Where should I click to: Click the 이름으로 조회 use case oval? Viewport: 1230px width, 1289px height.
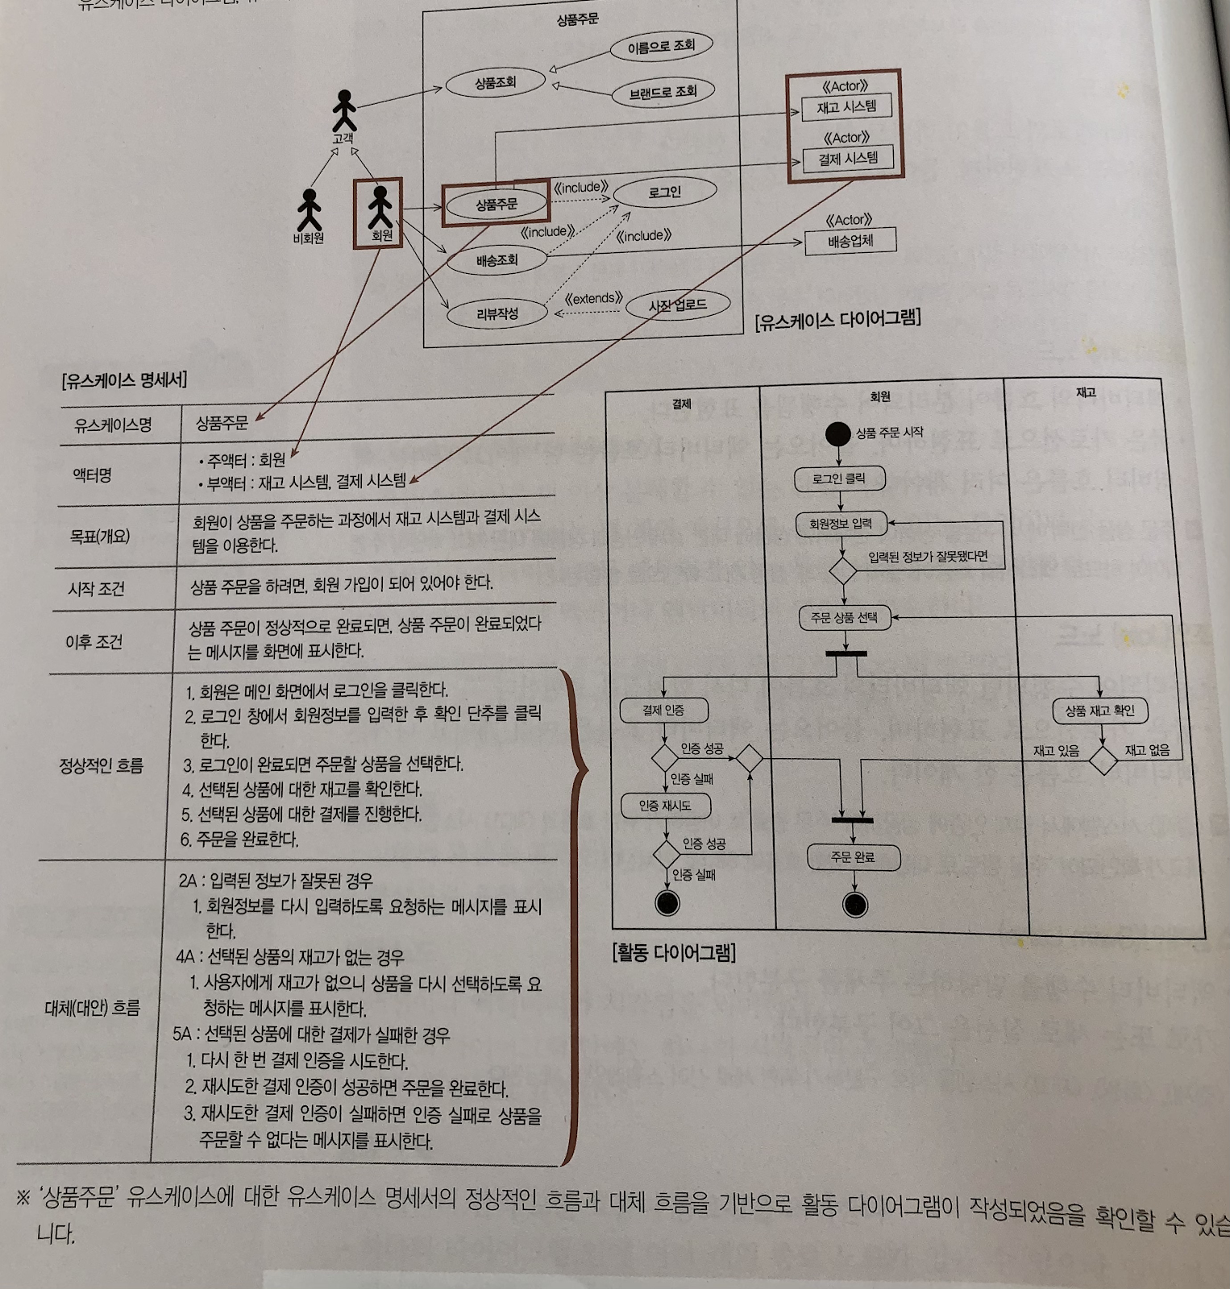661,47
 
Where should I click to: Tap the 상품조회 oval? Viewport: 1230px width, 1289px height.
495,83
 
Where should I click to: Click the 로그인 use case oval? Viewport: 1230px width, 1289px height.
664,193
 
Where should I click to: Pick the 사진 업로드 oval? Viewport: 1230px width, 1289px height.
678,305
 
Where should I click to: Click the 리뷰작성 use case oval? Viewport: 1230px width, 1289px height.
497,313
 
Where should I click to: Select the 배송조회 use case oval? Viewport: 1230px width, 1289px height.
497,260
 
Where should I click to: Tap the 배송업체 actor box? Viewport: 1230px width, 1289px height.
850,241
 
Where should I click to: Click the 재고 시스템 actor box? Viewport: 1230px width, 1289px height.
846,107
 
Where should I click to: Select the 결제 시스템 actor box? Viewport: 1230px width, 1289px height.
848,159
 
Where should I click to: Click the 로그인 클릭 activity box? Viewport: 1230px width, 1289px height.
839,479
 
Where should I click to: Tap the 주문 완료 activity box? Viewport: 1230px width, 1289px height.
853,858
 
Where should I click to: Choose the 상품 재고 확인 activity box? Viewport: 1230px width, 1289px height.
1099,711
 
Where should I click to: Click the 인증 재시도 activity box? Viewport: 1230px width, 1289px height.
666,806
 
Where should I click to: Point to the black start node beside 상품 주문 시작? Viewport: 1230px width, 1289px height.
838,434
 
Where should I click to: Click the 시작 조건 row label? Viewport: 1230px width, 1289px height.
96,589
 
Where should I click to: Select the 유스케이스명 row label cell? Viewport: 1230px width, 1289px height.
113,425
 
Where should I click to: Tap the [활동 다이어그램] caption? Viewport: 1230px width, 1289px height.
674,953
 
